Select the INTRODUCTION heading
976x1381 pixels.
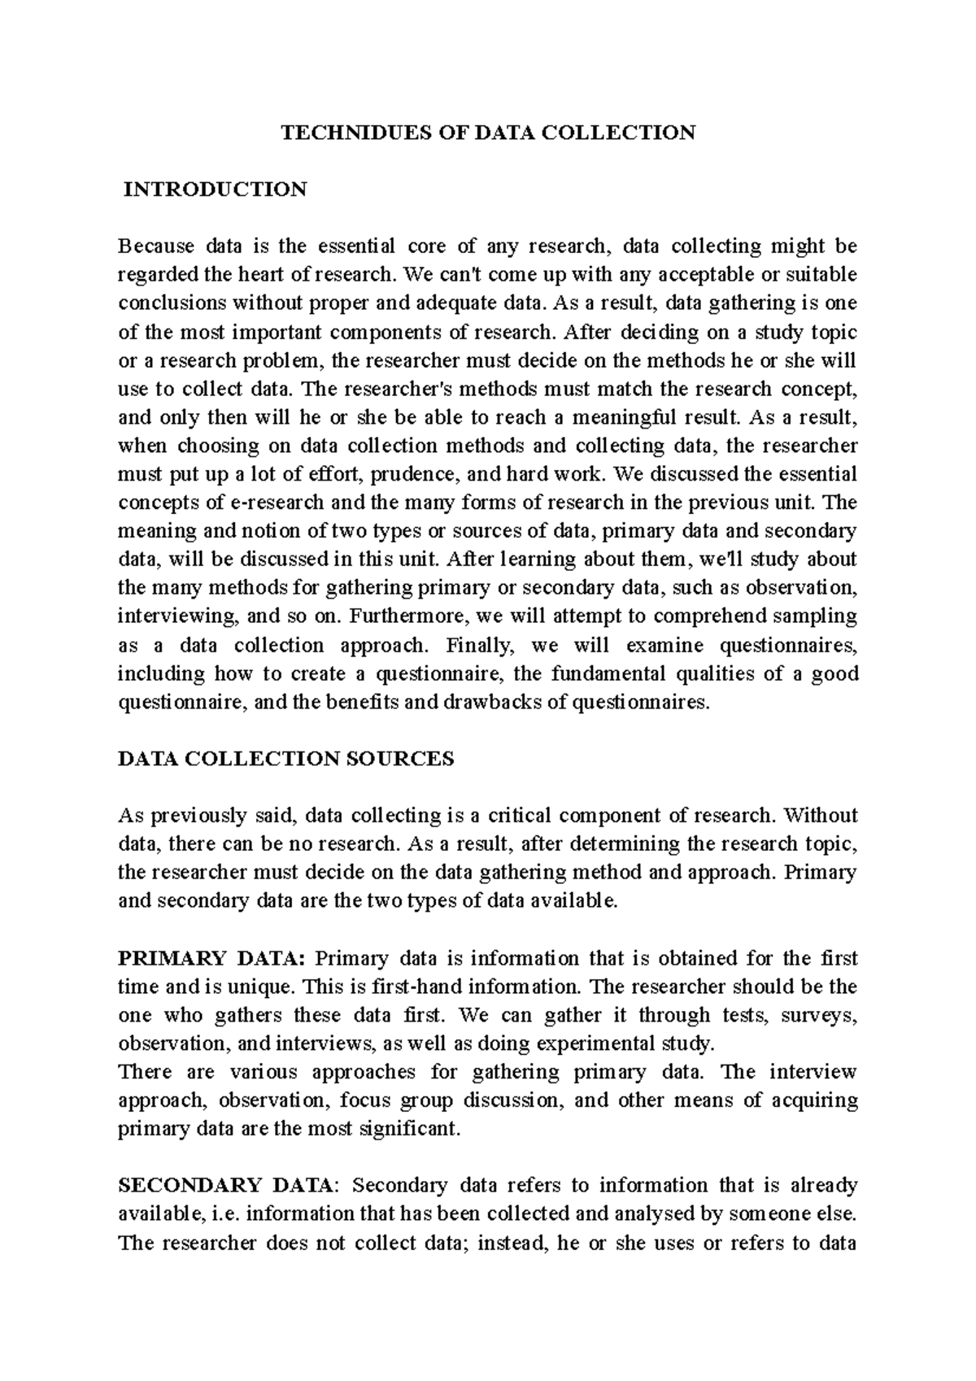[x=215, y=190]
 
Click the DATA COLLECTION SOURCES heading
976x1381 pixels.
[x=286, y=759]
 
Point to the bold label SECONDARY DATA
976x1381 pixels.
[x=225, y=1186]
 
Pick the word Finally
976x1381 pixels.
[x=481, y=645]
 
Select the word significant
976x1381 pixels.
[x=410, y=1129]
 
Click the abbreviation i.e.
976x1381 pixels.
[x=225, y=1214]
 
